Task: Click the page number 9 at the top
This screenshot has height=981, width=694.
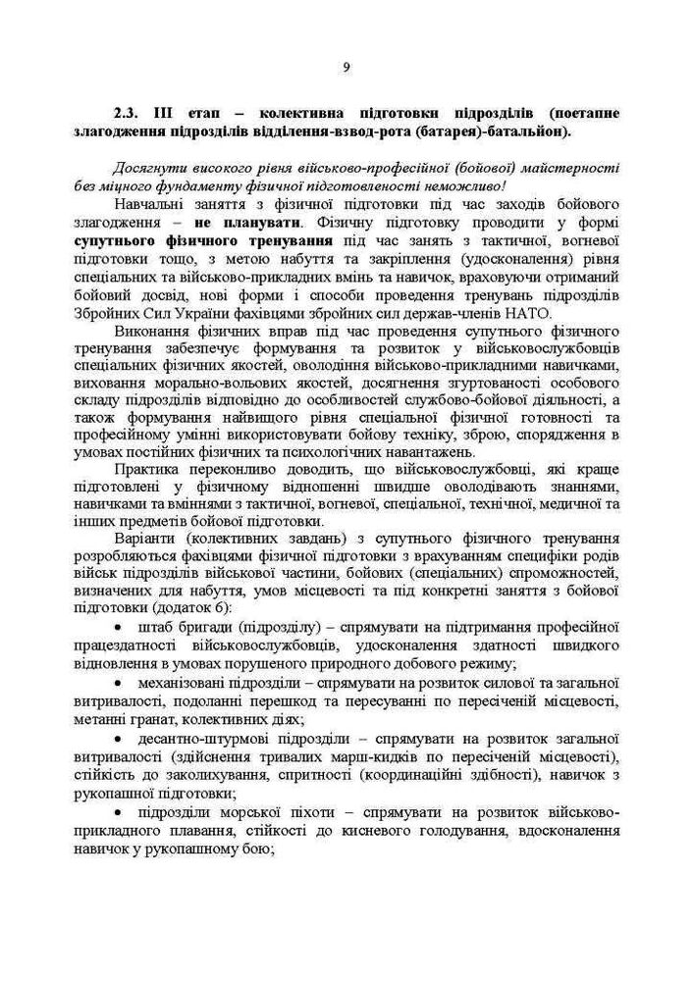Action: point(347,67)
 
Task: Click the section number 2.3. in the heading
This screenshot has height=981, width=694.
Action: point(128,114)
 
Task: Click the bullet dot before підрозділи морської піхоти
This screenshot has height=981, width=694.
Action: point(118,813)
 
